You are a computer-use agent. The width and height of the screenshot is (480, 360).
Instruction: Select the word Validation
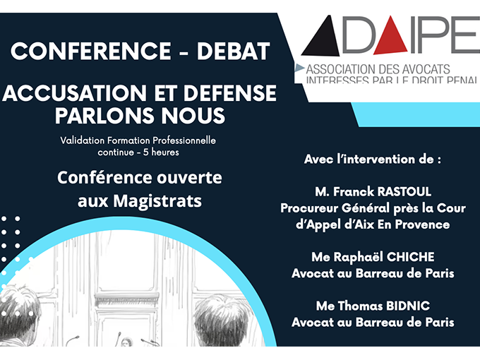85,140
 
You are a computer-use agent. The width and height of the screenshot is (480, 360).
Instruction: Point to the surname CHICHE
414,256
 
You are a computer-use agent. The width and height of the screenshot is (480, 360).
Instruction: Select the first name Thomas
356,306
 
